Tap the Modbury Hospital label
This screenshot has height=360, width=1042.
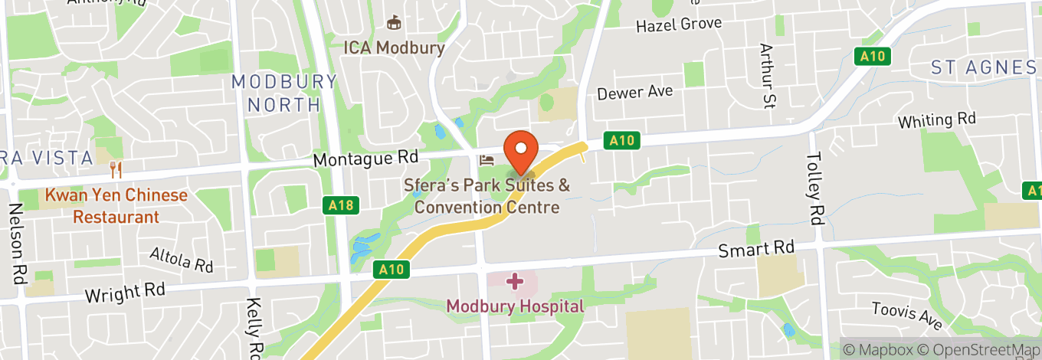(x=515, y=306)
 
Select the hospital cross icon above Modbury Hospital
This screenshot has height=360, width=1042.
(x=515, y=282)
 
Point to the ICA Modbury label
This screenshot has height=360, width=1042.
(x=394, y=47)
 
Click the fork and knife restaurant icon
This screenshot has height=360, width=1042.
(x=116, y=168)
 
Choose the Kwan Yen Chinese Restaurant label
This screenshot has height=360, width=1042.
(x=116, y=206)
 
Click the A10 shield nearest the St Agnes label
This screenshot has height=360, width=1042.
(x=873, y=56)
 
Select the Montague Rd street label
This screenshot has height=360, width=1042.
(x=366, y=159)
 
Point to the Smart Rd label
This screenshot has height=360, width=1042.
(x=756, y=249)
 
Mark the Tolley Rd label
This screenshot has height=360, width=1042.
(x=814, y=188)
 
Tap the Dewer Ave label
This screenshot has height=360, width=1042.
(x=635, y=93)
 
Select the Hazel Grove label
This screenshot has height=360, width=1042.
(x=679, y=25)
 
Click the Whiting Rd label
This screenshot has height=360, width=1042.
(x=936, y=121)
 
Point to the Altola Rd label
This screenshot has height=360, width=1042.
(x=181, y=260)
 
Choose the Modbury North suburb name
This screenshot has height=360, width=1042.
(x=284, y=93)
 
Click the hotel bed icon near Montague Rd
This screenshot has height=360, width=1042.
(x=487, y=160)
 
